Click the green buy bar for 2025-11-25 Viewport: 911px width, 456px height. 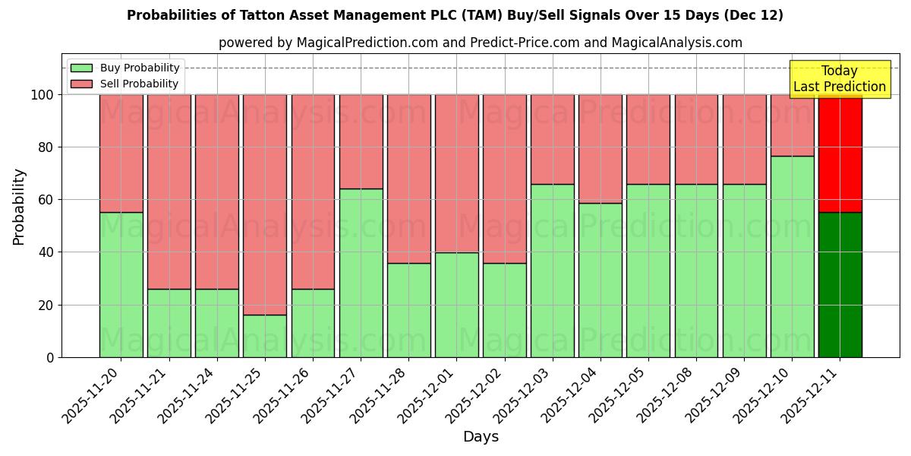pos(265,336)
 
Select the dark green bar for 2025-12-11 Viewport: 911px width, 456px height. pos(840,285)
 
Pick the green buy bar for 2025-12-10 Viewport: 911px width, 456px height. pos(792,257)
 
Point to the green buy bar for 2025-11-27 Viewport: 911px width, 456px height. pos(361,273)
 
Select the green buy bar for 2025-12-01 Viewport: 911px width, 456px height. pos(456,305)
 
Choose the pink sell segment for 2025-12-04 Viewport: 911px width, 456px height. pos(600,149)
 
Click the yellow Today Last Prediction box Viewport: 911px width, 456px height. pos(839,79)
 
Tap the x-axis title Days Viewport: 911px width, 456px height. pos(481,437)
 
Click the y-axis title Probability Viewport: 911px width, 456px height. pos(19,206)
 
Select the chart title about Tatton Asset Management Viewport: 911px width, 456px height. pos(455,15)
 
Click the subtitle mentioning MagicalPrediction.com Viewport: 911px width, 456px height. pos(480,43)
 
